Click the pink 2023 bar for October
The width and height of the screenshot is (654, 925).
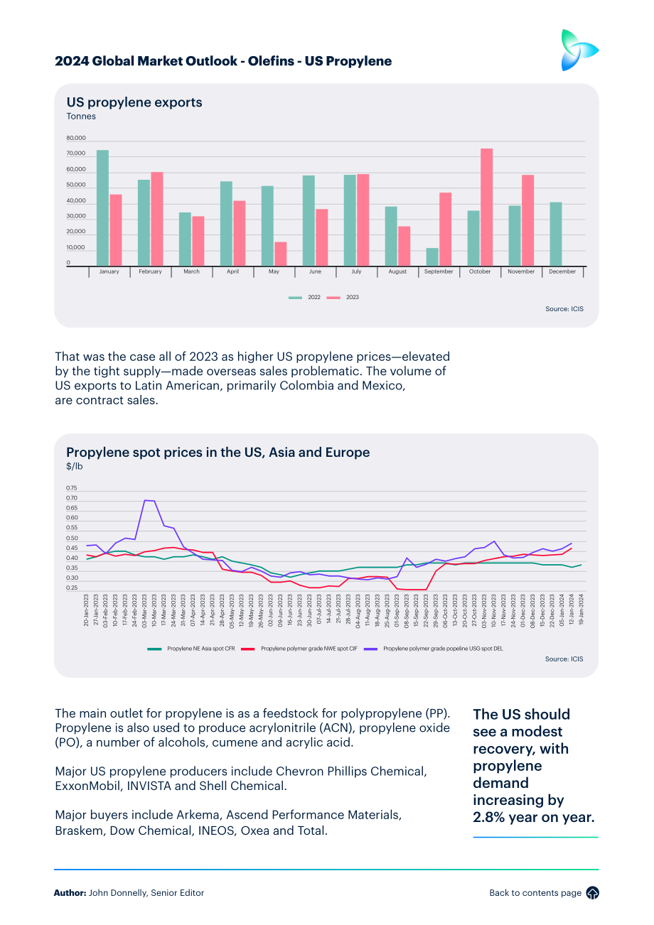click(x=486, y=207)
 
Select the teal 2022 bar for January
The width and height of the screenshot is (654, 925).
click(x=102, y=207)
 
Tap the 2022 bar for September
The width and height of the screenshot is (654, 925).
click(x=432, y=257)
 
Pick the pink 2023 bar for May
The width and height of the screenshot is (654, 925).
click(x=281, y=254)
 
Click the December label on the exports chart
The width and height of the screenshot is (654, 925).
click(x=562, y=271)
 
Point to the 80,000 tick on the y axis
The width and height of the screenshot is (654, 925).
click(x=76, y=138)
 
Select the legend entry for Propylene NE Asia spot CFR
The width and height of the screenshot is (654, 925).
click(x=191, y=649)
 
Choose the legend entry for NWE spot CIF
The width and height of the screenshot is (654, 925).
click(x=299, y=649)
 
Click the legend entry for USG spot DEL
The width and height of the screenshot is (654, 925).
click(x=434, y=649)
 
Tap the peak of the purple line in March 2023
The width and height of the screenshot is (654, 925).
click(x=144, y=500)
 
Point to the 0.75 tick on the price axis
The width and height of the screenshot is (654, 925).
click(x=72, y=488)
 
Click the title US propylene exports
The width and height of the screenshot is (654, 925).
click(x=134, y=102)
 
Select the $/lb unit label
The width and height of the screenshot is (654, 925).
click(x=75, y=466)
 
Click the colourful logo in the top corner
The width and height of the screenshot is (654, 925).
click(x=579, y=50)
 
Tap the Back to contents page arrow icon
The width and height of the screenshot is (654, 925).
click(x=593, y=893)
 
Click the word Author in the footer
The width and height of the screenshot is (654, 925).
click(x=70, y=893)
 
